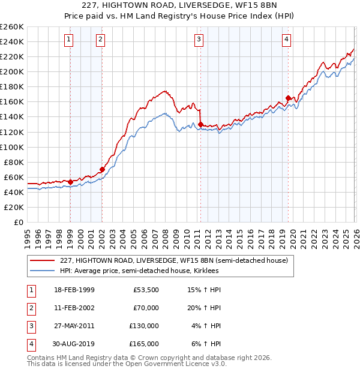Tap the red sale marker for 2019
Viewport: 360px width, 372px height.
point(289,98)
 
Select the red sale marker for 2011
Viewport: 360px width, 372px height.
point(200,124)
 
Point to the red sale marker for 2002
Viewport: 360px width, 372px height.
point(102,169)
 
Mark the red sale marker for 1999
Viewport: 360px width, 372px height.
point(70,182)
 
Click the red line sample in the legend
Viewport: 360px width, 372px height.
point(41,260)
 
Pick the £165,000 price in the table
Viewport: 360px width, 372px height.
point(144,344)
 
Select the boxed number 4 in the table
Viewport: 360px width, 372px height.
point(32,344)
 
